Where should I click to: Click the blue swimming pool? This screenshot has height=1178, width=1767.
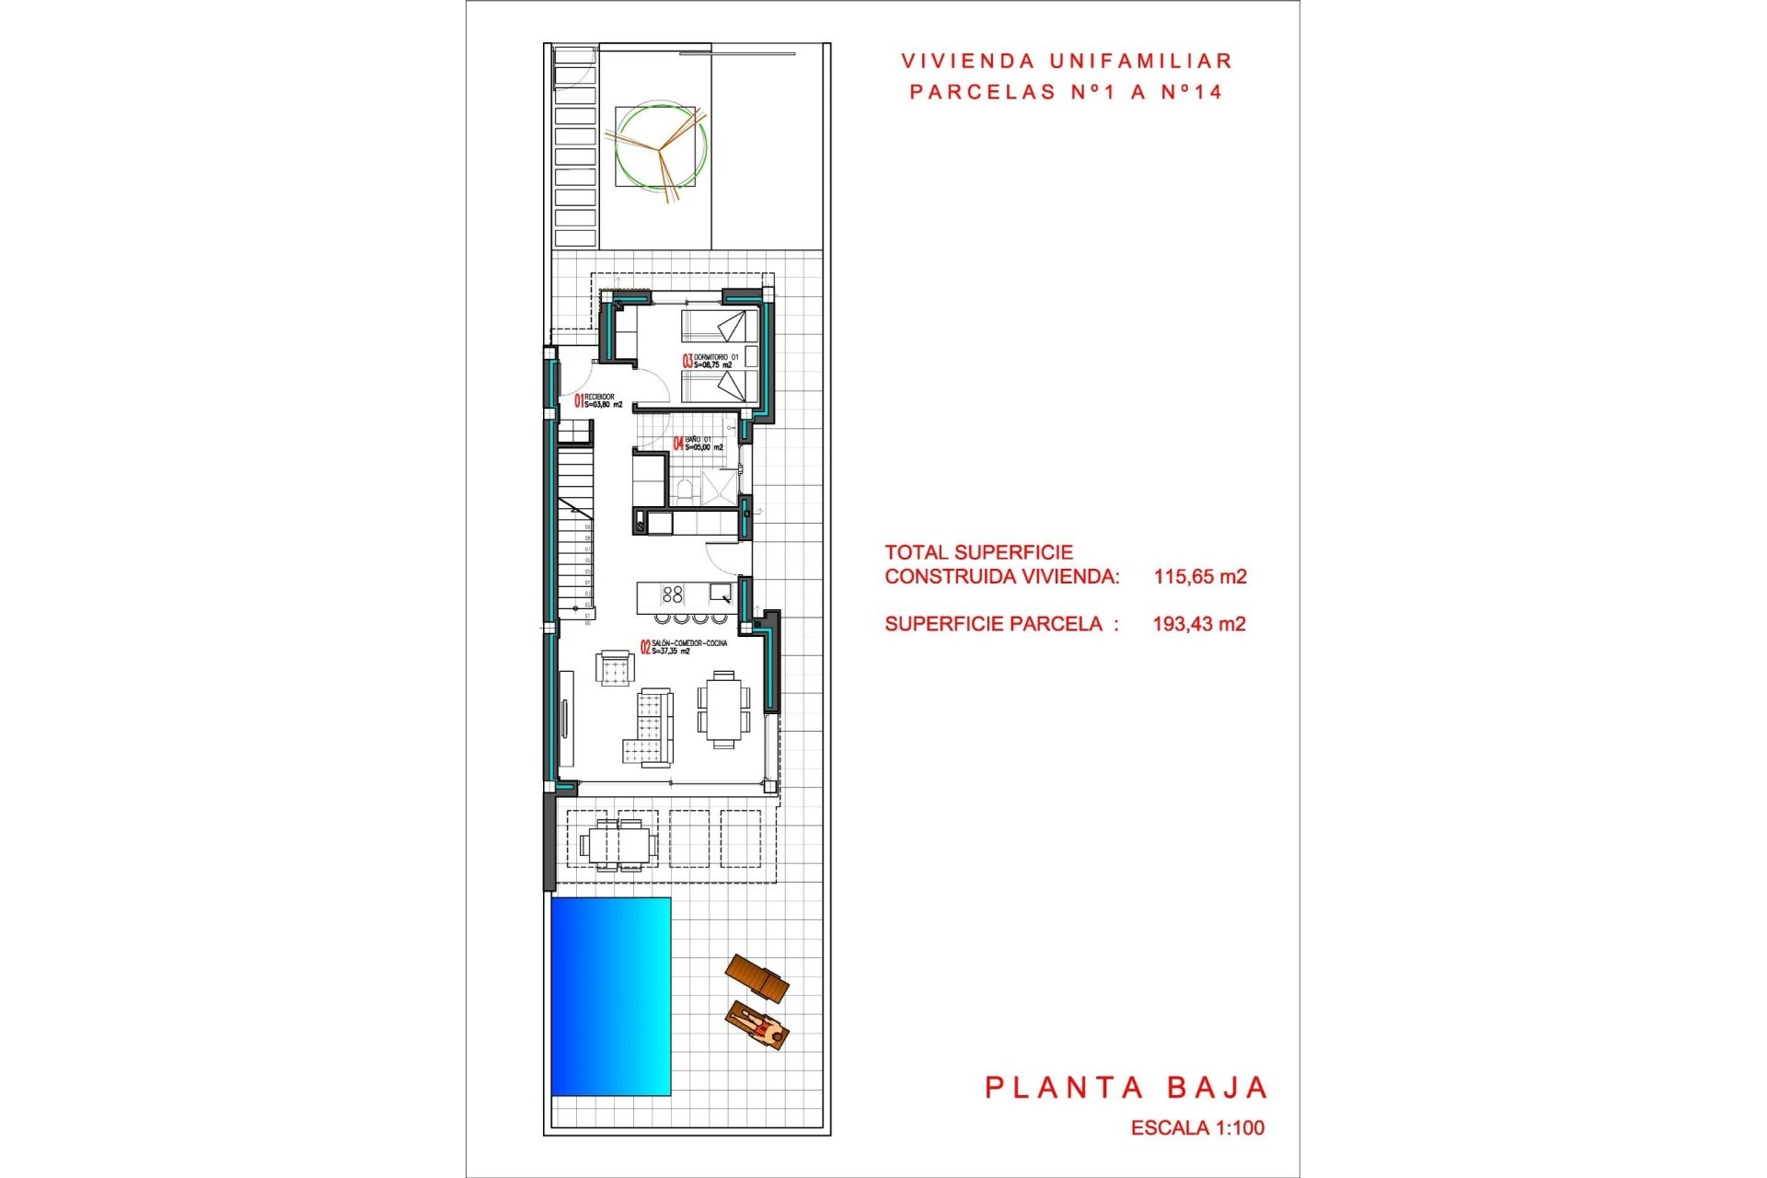click(x=610, y=996)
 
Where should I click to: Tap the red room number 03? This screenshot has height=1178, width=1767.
click(x=687, y=362)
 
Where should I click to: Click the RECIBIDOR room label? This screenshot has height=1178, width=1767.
click(x=600, y=397)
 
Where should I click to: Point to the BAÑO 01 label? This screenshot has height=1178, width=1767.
click(x=699, y=440)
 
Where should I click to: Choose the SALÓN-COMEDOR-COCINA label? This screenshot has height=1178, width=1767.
click(x=689, y=643)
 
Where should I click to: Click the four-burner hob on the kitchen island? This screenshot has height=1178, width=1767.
click(x=673, y=595)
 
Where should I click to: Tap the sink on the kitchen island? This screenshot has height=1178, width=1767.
click(x=720, y=592)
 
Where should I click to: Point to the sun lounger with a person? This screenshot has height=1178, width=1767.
click(x=757, y=1024)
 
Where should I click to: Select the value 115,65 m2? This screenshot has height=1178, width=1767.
click(x=1200, y=577)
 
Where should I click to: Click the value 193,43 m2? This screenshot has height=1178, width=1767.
click(x=1199, y=624)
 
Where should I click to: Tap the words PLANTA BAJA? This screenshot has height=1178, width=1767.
click(x=1126, y=1088)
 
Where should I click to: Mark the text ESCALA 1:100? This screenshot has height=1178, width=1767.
click(x=1197, y=1127)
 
